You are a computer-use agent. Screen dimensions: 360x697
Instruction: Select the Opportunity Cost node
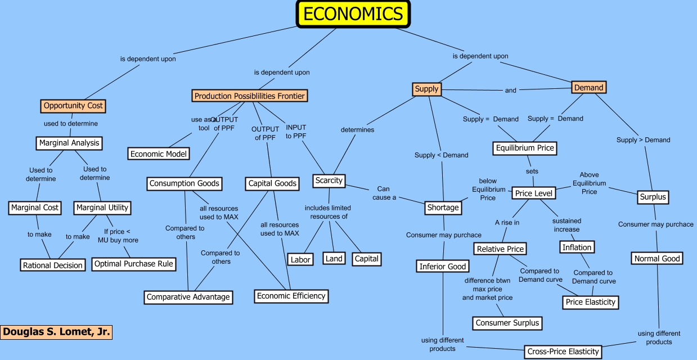point(73,105)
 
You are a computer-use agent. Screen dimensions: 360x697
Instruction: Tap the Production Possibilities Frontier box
point(250,96)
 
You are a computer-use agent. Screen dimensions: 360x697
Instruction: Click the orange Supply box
point(426,89)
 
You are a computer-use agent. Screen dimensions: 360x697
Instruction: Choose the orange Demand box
point(588,87)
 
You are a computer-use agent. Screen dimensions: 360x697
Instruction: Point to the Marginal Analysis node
point(69,143)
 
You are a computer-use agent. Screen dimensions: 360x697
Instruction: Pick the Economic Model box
point(158,154)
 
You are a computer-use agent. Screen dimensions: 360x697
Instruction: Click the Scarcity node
point(329,181)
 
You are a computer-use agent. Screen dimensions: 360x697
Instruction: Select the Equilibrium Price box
point(525,148)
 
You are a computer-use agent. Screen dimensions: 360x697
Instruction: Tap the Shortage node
point(443,208)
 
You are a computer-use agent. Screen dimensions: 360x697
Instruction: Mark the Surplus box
point(653,197)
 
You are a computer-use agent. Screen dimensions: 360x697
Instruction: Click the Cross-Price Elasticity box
point(563,352)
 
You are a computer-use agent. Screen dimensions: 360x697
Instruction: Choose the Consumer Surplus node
point(507,323)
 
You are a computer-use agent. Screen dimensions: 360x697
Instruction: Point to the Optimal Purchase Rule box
point(134,264)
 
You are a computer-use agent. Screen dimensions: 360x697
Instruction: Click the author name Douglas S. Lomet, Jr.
point(56,332)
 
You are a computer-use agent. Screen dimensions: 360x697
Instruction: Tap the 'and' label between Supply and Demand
point(510,90)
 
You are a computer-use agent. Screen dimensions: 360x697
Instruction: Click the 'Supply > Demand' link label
point(643,140)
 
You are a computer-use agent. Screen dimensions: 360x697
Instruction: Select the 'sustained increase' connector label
point(566,225)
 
